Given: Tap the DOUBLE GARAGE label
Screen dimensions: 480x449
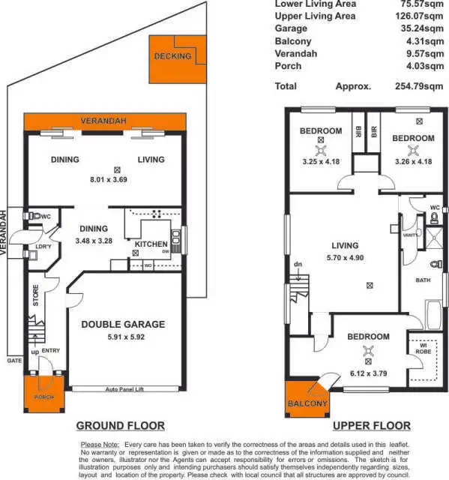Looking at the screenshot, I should [122, 325].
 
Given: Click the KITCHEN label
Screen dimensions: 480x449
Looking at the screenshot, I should [151, 244].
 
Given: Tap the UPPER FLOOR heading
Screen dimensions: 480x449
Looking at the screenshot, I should [370, 425].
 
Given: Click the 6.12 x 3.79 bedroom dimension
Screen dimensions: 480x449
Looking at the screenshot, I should [368, 373].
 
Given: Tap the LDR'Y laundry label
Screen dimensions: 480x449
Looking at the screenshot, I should [43, 247].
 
